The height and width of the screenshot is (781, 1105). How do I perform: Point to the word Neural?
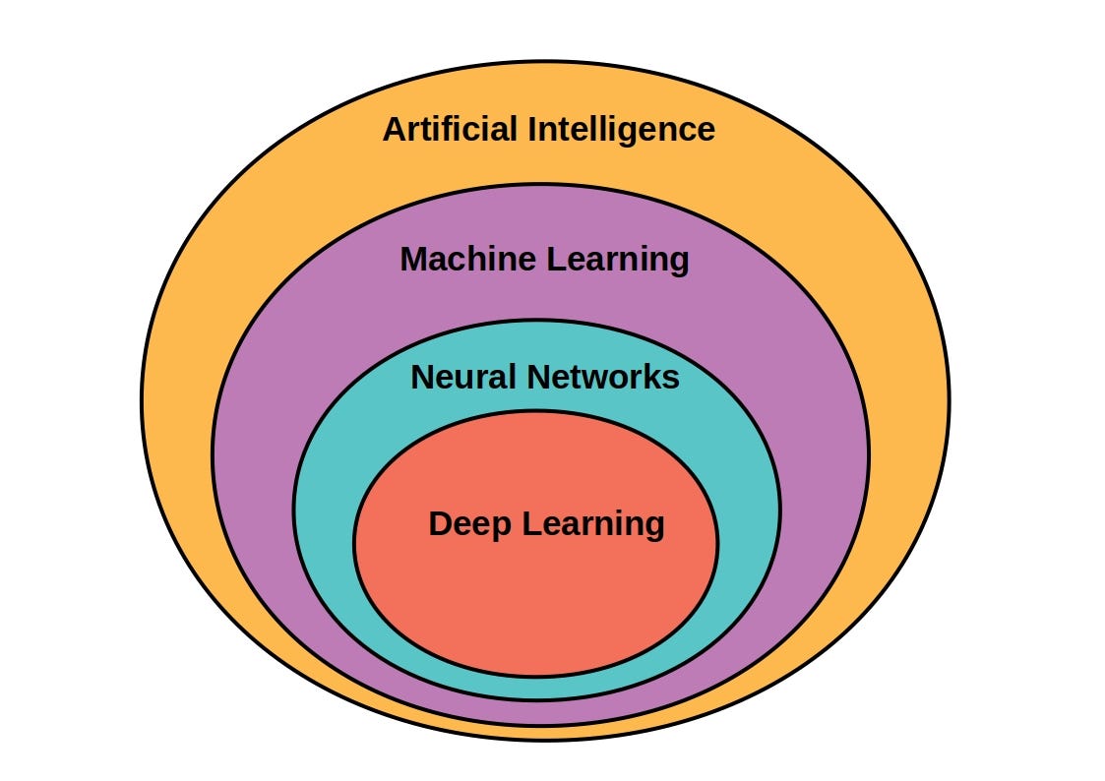click(463, 377)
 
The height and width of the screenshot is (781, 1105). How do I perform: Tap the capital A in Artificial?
click(394, 129)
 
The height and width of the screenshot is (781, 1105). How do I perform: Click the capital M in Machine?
click(413, 260)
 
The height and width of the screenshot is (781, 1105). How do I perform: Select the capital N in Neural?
click(422, 377)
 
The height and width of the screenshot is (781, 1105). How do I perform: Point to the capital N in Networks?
click(537, 377)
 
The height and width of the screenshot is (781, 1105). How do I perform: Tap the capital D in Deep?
click(440, 523)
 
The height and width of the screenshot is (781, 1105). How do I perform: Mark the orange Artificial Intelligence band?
click(177, 393)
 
